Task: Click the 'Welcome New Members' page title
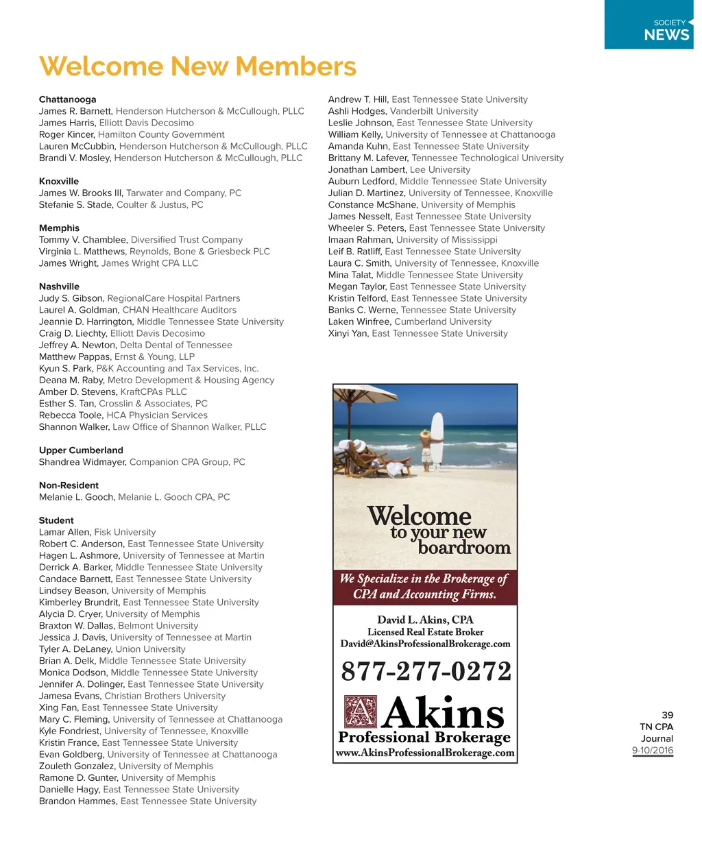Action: coord(197,66)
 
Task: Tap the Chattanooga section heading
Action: coord(67,99)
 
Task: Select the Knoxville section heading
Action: coord(59,182)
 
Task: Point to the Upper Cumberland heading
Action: coord(81,450)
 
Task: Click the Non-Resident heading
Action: coord(69,485)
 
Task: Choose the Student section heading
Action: coord(56,520)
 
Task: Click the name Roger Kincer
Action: coord(66,135)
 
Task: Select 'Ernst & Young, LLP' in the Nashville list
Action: coord(154,357)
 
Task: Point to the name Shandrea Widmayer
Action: coord(82,462)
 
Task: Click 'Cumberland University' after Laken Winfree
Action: coord(443,322)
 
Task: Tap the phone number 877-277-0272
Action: coord(426,671)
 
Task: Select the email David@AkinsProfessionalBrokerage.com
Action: coord(425,644)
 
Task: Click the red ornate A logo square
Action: coord(360,712)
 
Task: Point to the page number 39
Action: coord(667,715)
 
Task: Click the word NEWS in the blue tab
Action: coord(666,35)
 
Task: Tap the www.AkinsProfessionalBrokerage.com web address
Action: coord(425,753)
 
